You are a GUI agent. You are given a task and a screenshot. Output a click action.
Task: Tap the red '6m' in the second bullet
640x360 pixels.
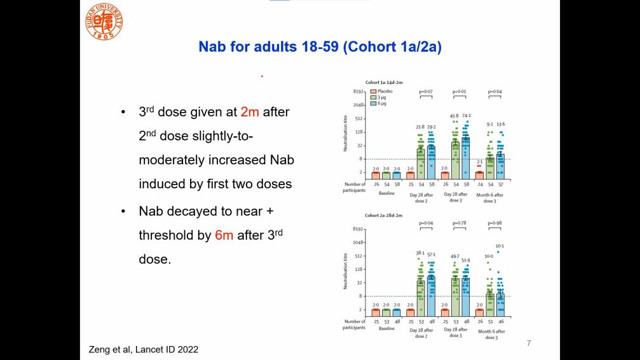coord(224,235)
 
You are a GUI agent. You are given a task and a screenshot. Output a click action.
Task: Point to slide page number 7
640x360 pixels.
coord(528,343)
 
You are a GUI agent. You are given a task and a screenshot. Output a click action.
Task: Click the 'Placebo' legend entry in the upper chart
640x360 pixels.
coord(383,92)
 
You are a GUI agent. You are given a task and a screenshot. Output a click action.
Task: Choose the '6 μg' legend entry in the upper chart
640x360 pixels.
coord(382,103)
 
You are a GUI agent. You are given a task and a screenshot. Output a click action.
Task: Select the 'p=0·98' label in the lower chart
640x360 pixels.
coord(495,223)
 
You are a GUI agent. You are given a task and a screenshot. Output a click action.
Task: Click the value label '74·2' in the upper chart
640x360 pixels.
coord(466,116)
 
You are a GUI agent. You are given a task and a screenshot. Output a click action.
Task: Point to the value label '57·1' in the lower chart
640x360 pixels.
coord(431,254)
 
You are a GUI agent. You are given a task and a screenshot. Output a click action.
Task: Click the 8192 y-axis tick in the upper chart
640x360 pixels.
coord(358,92)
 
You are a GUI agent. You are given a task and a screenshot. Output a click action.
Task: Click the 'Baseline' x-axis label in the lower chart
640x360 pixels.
coord(387,329)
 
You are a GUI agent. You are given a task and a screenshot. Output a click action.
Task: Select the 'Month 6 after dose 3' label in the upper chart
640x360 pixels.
coord(489,197)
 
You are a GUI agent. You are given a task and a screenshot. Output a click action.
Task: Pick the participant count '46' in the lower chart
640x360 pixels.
coord(501,322)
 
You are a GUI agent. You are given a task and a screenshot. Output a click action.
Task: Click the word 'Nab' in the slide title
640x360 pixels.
coord(212,47)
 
